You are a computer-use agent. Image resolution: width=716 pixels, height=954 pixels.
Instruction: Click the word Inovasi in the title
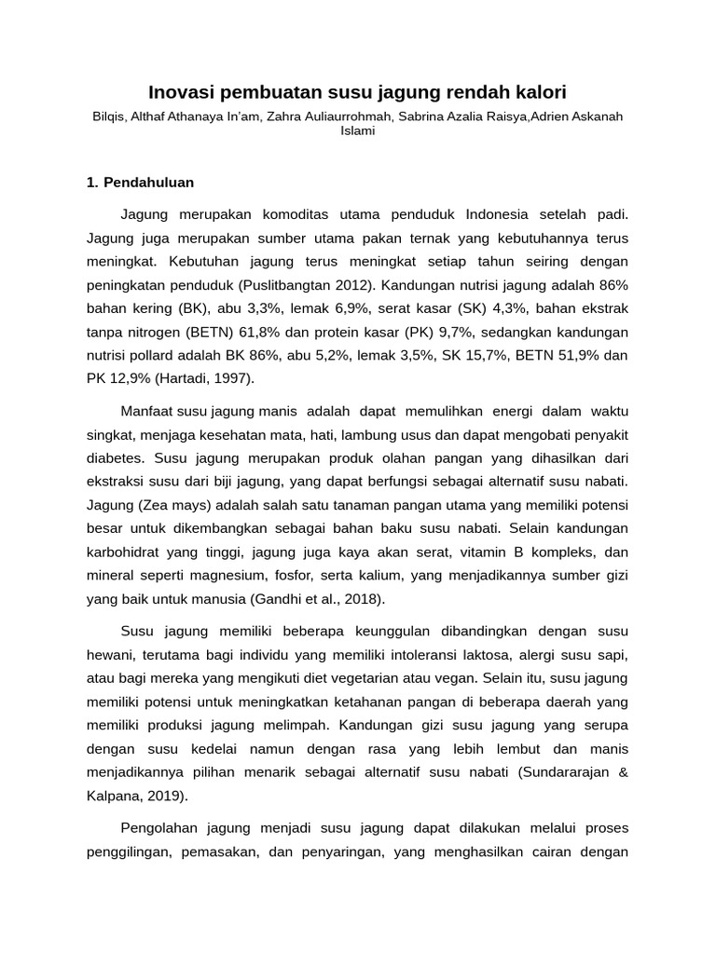184,92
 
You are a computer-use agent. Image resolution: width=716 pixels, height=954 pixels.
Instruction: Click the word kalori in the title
539,92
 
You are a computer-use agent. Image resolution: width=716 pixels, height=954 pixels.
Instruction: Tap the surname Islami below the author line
358,131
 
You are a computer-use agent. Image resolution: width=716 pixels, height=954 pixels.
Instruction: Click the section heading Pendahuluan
148,182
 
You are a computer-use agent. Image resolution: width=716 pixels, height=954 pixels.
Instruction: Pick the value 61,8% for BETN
336,332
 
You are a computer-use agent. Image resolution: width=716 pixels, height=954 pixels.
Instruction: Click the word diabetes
116,458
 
